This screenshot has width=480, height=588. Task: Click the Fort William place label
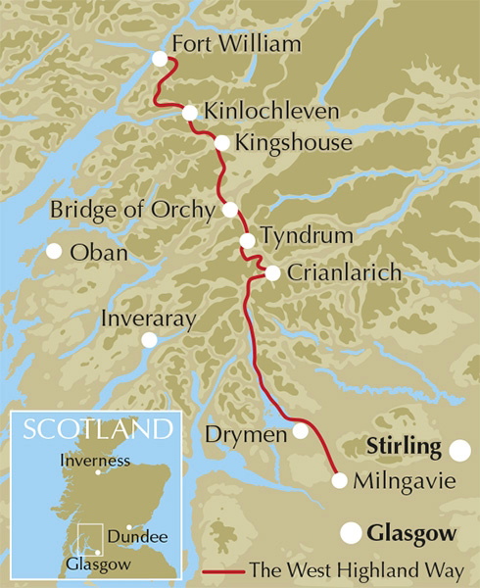click(235, 45)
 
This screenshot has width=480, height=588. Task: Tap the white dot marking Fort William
click(161, 60)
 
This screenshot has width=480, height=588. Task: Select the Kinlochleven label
click(271, 112)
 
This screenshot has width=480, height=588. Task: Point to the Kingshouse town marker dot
click(221, 143)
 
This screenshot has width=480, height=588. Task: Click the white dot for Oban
click(55, 251)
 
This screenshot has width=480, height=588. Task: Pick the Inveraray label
click(149, 318)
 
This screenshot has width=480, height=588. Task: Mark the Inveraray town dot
click(149, 340)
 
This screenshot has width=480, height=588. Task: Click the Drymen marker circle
click(301, 431)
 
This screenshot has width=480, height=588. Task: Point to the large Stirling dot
click(458, 450)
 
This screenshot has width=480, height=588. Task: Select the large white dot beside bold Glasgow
click(350, 533)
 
